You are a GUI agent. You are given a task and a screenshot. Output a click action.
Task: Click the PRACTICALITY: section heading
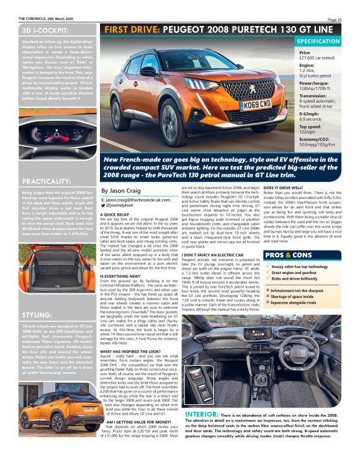click(x=48, y=181)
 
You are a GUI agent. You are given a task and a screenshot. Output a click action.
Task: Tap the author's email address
click(x=135, y=200)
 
